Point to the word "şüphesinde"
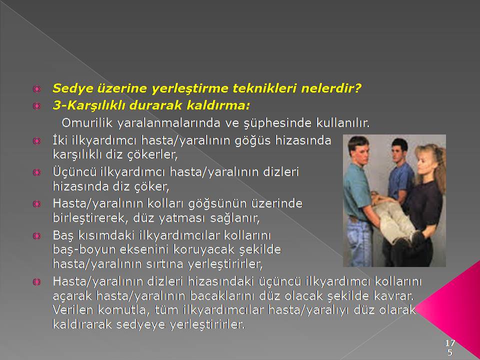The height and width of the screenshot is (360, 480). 277,123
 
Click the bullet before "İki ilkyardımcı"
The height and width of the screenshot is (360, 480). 36,141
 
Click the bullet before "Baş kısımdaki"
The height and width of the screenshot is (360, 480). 36,235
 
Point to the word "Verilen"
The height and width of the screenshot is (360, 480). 73,310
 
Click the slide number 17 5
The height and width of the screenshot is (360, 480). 449,347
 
